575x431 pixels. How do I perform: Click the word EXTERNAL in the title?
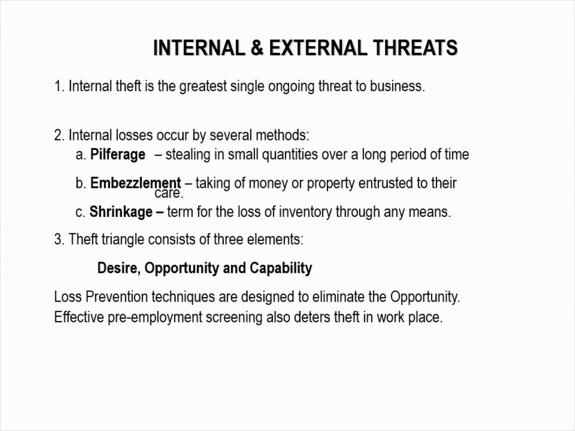tap(318, 47)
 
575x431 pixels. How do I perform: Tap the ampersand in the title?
tap(257, 47)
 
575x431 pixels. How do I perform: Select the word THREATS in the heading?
tap(415, 47)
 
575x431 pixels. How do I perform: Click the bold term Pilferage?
tap(118, 154)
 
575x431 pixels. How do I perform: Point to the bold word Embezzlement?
tap(135, 183)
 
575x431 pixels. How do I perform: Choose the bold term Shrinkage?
tap(121, 212)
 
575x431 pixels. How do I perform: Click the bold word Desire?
tap(119, 268)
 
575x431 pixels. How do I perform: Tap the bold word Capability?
tap(281, 268)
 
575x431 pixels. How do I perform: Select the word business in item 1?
tap(397, 86)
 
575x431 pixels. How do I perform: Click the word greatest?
tap(203, 86)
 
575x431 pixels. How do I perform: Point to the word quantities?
tap(290, 154)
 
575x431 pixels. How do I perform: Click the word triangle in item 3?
tap(123, 239)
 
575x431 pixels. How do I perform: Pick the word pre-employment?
tap(155, 317)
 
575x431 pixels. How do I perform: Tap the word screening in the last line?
tap(234, 317)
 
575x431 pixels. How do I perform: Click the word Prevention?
tap(117, 297)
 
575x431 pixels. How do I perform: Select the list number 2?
tap(59, 135)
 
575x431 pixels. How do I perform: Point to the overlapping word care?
tap(169, 194)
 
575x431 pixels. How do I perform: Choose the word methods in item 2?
tap(282, 135)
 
